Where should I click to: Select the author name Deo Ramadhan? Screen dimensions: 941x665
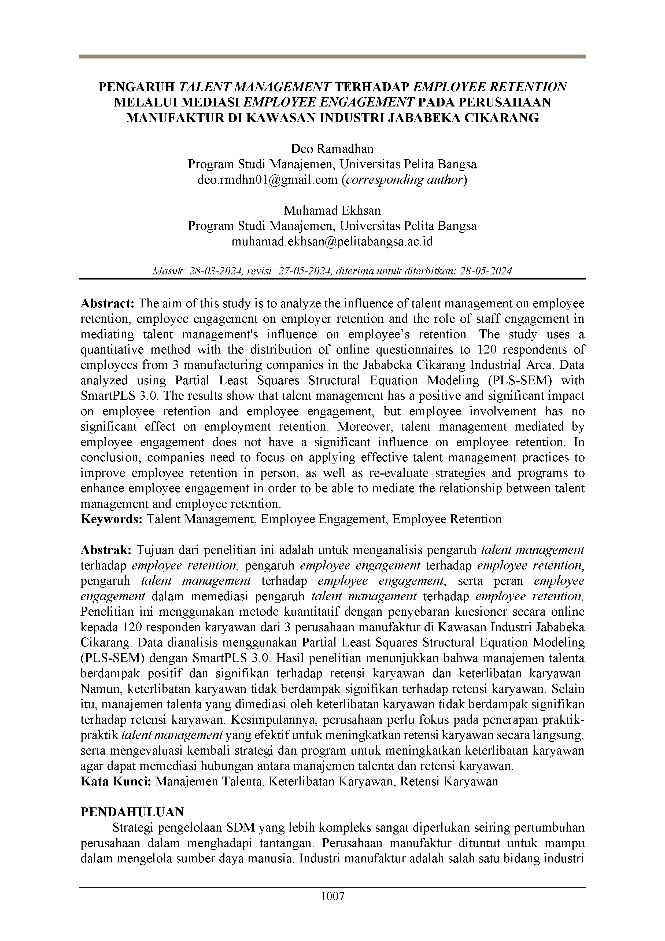[x=332, y=149]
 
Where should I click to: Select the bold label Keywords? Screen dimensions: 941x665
[x=112, y=519]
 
